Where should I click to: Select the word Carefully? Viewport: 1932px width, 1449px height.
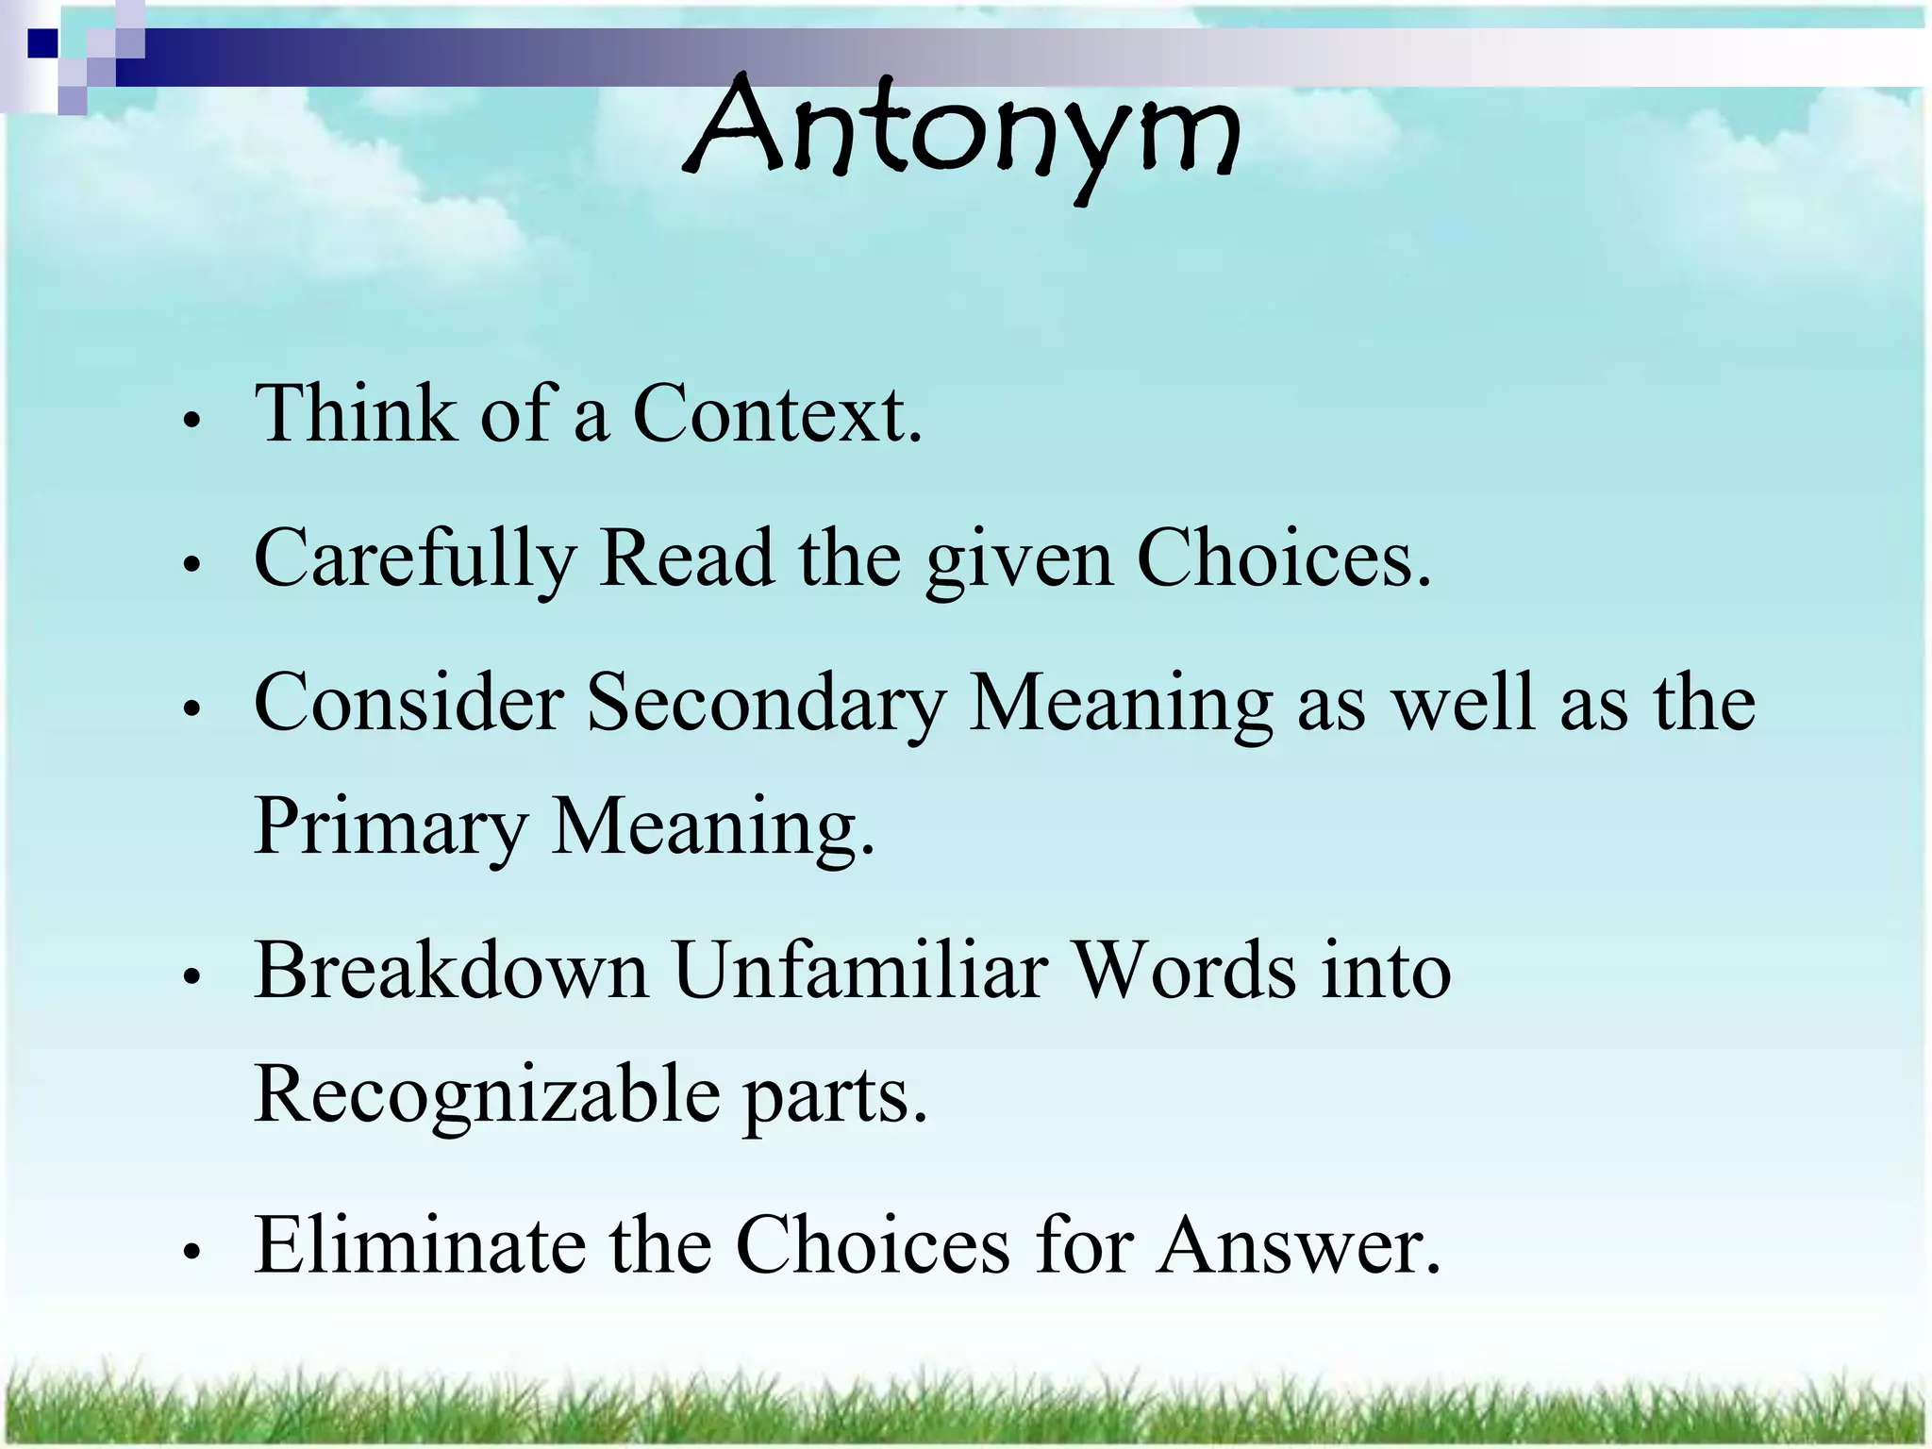click(x=415, y=558)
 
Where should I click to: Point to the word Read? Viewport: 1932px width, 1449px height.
click(x=687, y=558)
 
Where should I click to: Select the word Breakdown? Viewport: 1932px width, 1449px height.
click(x=451, y=971)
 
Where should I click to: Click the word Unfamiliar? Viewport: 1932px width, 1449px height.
click(x=860, y=971)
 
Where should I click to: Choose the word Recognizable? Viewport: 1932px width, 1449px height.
click(x=487, y=1094)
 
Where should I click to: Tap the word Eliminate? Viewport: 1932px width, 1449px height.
click(x=419, y=1245)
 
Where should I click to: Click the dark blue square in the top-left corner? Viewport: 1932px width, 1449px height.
click(x=42, y=43)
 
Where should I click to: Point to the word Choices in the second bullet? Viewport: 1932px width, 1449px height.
click(x=1283, y=558)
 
